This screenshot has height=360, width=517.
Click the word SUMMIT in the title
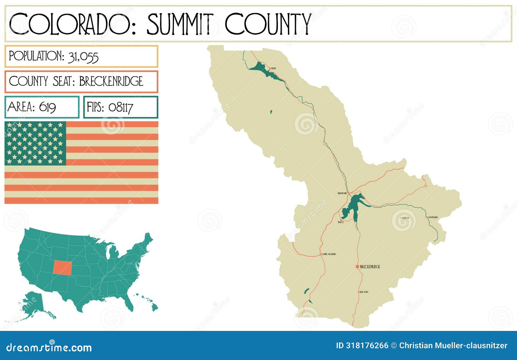pyautogui.click(x=180, y=24)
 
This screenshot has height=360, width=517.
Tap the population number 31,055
pyautogui.click(x=83, y=57)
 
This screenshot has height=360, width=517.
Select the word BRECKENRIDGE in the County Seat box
pyautogui.click(x=111, y=81)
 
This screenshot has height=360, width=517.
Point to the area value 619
pyautogui.click(x=47, y=107)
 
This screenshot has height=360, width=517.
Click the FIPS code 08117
pyautogui.click(x=121, y=107)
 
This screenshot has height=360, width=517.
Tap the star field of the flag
pyautogui.click(x=35, y=143)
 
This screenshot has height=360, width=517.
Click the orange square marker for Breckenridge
pyautogui.click(x=357, y=267)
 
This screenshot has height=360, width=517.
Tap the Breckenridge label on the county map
pyautogui.click(x=370, y=267)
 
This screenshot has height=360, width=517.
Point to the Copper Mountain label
pyautogui.click(x=329, y=254)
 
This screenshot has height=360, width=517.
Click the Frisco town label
pyautogui.click(x=341, y=222)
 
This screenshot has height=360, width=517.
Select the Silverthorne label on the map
pyautogui.click(x=342, y=193)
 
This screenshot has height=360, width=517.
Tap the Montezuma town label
pyautogui.click(x=433, y=217)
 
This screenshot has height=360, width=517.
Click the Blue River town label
pyautogui.click(x=364, y=292)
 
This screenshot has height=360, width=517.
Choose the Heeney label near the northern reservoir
pyautogui.click(x=273, y=69)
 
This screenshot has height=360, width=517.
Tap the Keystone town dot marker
pyautogui.click(x=401, y=218)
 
